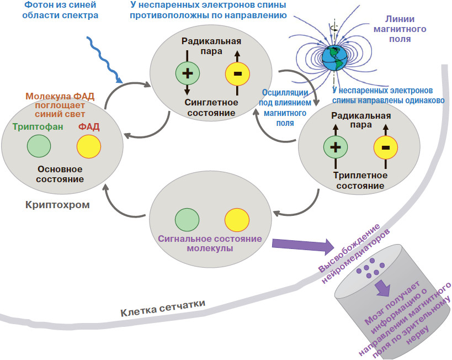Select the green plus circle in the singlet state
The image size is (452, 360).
[x=187, y=73]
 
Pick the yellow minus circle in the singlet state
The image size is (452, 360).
[x=237, y=73]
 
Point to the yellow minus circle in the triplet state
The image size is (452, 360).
[x=385, y=147]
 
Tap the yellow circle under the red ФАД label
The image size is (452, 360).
[x=88, y=147]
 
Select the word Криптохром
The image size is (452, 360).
[x=57, y=205]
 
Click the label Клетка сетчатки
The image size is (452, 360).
[x=163, y=308]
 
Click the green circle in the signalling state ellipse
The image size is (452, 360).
[x=187, y=219]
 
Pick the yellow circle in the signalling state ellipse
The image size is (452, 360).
[x=236, y=220]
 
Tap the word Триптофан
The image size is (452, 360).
[x=38, y=126]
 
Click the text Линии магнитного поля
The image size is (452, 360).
[x=408, y=29]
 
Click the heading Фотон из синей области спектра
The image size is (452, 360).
[x=61, y=10]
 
